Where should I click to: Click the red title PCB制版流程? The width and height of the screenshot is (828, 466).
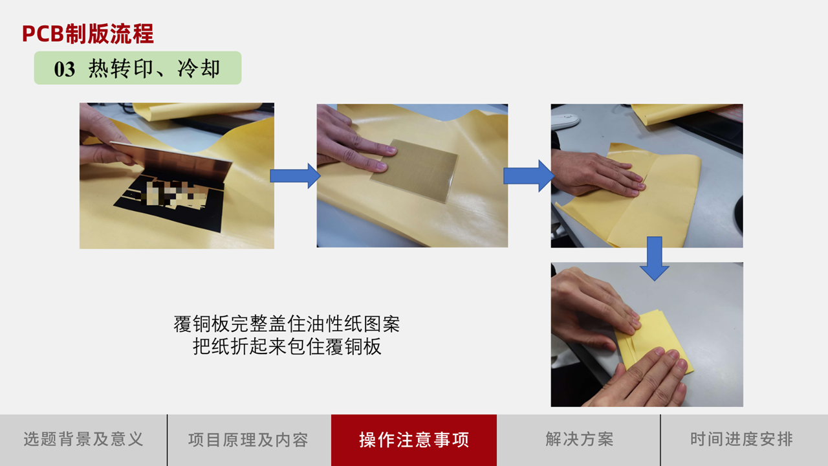click(87, 34)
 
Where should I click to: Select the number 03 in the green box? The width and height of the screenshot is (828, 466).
click(64, 69)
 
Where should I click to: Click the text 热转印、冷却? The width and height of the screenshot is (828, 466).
click(154, 69)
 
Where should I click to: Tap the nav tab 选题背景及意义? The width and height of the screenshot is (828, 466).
click(83, 439)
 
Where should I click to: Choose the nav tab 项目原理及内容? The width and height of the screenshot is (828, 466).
click(248, 439)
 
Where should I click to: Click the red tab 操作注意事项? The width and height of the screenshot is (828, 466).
click(414, 439)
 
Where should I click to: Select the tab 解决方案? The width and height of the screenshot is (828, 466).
click(579, 439)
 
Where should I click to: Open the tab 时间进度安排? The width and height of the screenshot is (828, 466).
click(741, 439)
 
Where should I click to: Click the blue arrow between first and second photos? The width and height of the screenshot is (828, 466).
click(295, 175)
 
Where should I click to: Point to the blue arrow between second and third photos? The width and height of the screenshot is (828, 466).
click(528, 175)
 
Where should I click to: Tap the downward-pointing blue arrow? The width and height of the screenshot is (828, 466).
click(654, 258)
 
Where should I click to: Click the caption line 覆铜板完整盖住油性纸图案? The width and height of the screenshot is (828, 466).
click(287, 324)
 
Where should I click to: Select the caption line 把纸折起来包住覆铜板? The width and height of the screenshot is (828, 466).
click(287, 347)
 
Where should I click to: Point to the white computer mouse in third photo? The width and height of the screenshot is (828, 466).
click(565, 121)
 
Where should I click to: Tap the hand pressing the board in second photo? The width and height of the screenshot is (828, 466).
click(353, 142)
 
